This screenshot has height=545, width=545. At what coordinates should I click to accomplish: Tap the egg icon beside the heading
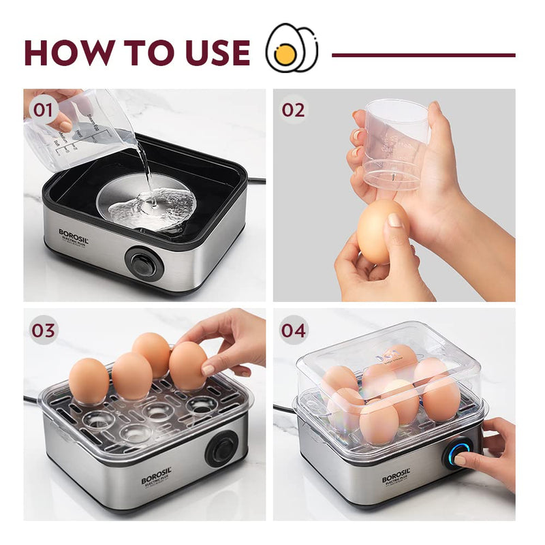(292, 48)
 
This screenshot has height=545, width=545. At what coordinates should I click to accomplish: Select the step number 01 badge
(44, 110)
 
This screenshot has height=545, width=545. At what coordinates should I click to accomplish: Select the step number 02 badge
(294, 110)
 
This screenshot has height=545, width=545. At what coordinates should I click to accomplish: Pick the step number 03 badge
(44, 330)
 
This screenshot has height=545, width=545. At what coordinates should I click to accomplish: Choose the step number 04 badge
(294, 330)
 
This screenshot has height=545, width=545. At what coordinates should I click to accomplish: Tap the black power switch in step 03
(222, 448)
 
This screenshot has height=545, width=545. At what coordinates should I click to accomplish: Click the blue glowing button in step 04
(458, 452)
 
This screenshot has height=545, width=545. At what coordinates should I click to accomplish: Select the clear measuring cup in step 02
(395, 143)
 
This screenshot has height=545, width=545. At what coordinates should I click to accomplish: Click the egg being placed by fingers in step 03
(187, 365)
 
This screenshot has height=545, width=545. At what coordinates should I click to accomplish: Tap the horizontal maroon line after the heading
(422, 54)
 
